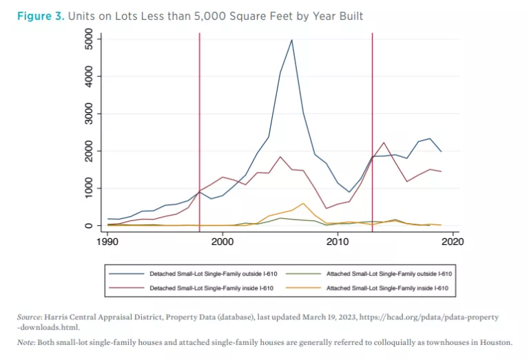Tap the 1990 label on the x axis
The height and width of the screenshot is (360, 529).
(107, 242)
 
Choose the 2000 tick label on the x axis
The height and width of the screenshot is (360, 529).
(222, 242)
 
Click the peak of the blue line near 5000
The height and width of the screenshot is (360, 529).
(291, 40)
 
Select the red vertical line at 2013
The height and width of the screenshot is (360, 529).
(372, 103)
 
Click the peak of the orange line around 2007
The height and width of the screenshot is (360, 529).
(303, 203)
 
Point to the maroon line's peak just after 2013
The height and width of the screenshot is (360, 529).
(384, 142)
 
